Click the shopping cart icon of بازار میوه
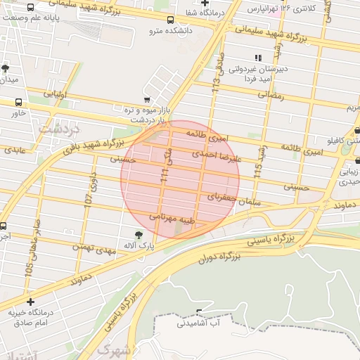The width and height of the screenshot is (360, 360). point(146,100)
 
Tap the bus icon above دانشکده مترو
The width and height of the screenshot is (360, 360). point(171,20)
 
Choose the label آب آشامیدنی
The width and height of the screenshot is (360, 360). point(200,323)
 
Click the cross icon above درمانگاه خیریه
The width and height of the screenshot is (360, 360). point(30,302)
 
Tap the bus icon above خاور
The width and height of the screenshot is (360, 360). point(18,101)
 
